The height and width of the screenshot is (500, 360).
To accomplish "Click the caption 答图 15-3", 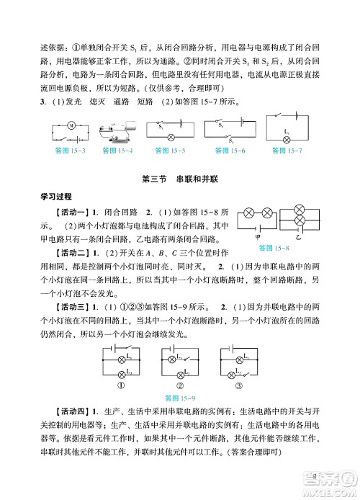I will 70,151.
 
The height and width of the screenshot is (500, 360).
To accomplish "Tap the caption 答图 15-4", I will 120,151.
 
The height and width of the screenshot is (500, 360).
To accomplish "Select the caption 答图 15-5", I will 170,151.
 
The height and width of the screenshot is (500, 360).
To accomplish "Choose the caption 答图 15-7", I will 288,151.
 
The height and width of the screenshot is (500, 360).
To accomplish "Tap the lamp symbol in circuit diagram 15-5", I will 171,136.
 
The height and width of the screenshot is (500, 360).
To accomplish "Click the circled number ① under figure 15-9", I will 122,384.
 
